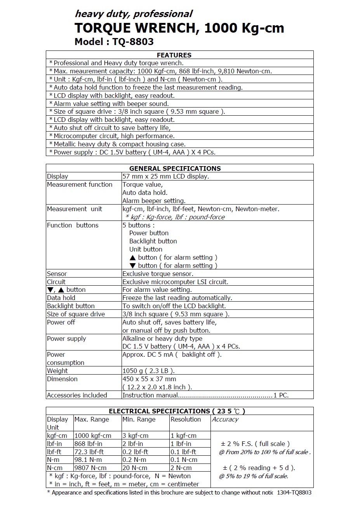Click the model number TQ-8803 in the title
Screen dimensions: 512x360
pyautogui.click(x=133, y=42)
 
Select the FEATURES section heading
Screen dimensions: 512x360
pyautogui.click(x=174, y=55)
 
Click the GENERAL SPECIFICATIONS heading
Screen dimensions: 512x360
pyautogui.click(x=175, y=168)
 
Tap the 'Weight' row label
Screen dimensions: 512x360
pyautogui.click(x=57, y=371)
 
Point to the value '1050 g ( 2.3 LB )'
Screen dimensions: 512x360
pyautogui.click(x=148, y=371)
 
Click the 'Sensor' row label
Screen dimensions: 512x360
pyautogui.click(x=57, y=274)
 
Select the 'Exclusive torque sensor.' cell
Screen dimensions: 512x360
pyautogui.click(x=158, y=274)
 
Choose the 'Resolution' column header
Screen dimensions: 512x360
pyautogui.click(x=186, y=419)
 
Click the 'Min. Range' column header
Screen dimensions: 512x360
pyautogui.click(x=139, y=419)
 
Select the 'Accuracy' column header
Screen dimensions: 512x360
pyautogui.click(x=225, y=419)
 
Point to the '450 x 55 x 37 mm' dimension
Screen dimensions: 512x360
pyautogui.click(x=149, y=379)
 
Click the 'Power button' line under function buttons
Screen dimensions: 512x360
pyautogui.click(x=149, y=233)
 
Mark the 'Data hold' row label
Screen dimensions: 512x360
pyautogui.click(x=61, y=298)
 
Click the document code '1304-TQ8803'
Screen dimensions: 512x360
pyautogui.click(x=294, y=493)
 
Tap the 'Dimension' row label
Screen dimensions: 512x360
pyautogui.click(x=62, y=379)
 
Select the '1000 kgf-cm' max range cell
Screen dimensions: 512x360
pyautogui.click(x=92, y=436)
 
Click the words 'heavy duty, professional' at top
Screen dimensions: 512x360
pyautogui.click(x=133, y=14)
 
